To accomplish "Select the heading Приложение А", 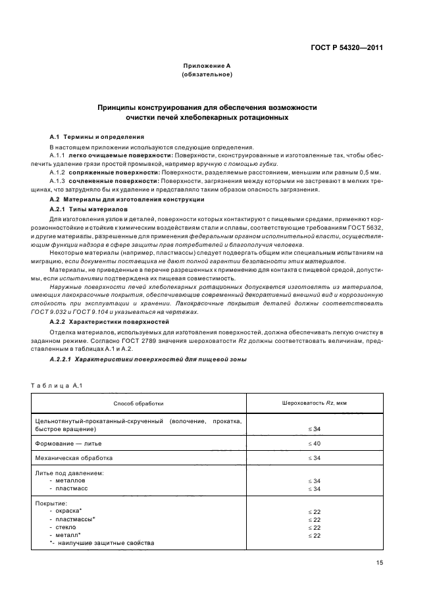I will pos(206,66).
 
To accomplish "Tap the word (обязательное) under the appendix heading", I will pos(206,75).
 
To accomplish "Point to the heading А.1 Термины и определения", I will pos(92,137).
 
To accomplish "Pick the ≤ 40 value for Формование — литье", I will pos(314,444).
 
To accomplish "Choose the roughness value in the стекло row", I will pos(314,527).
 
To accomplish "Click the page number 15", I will pos(380,563).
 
